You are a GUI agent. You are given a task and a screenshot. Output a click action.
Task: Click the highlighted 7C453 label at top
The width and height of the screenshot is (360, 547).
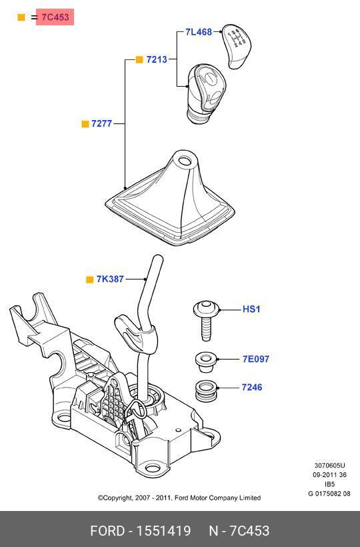55,17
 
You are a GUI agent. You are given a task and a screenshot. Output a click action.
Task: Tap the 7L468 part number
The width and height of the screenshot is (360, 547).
199,32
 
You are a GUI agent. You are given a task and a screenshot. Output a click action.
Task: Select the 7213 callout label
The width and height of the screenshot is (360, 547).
157,59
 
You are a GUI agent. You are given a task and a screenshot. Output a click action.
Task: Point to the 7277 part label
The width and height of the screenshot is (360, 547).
101,123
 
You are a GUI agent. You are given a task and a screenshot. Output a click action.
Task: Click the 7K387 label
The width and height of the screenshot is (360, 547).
110,279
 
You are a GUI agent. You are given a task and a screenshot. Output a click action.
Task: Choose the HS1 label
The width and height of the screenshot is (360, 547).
251,309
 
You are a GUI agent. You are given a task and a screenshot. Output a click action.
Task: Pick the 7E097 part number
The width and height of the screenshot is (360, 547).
256,359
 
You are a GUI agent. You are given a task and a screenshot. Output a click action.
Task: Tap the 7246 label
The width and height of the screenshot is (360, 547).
252,387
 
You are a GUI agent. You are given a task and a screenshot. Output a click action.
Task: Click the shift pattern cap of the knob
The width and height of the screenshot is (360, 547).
235,45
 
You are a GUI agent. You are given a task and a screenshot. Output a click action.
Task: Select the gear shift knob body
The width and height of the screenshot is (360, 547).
206,93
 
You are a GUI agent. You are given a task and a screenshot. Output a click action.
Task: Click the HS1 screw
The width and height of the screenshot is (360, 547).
206,320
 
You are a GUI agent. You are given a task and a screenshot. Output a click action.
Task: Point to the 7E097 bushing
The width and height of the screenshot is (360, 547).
206,362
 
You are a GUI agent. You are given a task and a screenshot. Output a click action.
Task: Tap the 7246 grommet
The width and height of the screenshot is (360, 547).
206,391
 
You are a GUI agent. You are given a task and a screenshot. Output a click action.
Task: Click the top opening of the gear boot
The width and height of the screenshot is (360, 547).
185,161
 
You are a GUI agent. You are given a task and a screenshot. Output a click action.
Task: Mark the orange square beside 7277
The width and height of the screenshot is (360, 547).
85,124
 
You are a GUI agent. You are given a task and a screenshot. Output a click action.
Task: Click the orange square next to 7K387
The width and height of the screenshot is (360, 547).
90,280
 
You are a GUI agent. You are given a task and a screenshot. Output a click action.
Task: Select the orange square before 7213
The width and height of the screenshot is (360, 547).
139,59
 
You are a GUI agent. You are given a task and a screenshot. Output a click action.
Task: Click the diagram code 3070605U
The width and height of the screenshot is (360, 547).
330,466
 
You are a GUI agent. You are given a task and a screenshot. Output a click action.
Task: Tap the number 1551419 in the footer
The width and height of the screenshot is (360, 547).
163,531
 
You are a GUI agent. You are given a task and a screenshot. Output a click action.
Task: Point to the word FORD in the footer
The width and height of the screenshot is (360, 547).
107,531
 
